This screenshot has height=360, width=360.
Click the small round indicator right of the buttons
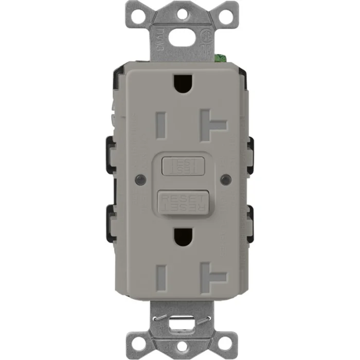click(x=223, y=179)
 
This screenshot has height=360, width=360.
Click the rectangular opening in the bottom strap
click(x=179, y=321)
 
